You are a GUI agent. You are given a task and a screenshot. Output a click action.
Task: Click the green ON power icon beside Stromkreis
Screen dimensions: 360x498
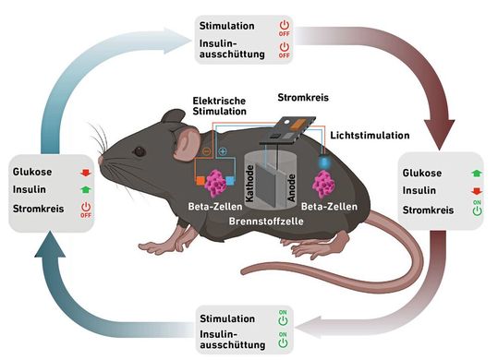(x=478, y=209)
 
